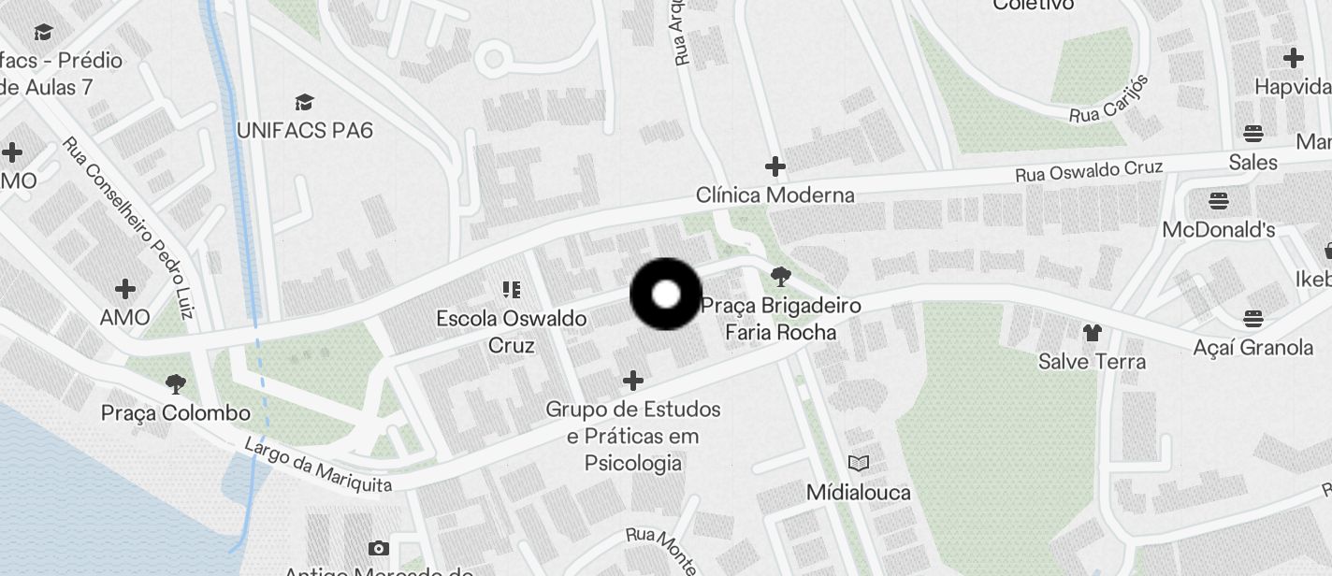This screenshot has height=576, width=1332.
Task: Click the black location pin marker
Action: pyautogui.click(x=666, y=295)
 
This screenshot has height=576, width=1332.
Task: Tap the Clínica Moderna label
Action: pyautogui.click(x=775, y=195)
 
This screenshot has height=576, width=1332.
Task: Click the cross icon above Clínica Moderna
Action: pyautogui.click(x=775, y=167)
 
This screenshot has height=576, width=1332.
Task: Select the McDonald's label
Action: pyautogui.click(x=1218, y=229)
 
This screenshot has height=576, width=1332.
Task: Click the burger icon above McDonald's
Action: pyautogui.click(x=1218, y=200)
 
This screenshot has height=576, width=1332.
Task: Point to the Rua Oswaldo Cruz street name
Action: pyautogui.click(x=1089, y=171)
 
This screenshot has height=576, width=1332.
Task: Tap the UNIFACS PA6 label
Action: pyautogui.click(x=304, y=130)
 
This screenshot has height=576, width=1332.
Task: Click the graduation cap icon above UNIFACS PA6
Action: pyautogui.click(x=304, y=102)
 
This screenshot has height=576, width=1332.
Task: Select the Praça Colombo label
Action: pyautogui.click(x=176, y=412)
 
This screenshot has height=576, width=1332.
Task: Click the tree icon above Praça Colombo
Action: pyautogui.click(x=175, y=383)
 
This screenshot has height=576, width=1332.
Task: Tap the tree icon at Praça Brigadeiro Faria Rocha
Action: pyautogui.click(x=780, y=277)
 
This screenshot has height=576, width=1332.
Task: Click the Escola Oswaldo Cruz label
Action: pyautogui.click(x=511, y=331)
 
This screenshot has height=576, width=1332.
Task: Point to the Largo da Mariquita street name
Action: pyautogui.click(x=317, y=465)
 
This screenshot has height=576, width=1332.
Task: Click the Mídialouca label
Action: pyautogui.click(x=858, y=492)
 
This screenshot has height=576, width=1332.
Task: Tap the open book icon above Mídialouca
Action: pyautogui.click(x=858, y=463)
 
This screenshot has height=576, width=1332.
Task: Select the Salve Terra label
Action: pyautogui.click(x=1092, y=361)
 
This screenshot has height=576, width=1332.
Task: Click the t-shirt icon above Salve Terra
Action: pyautogui.click(x=1092, y=332)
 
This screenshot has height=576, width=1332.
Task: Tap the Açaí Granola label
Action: pyautogui.click(x=1252, y=348)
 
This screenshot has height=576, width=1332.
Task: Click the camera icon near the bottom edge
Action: pyautogui.click(x=379, y=548)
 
